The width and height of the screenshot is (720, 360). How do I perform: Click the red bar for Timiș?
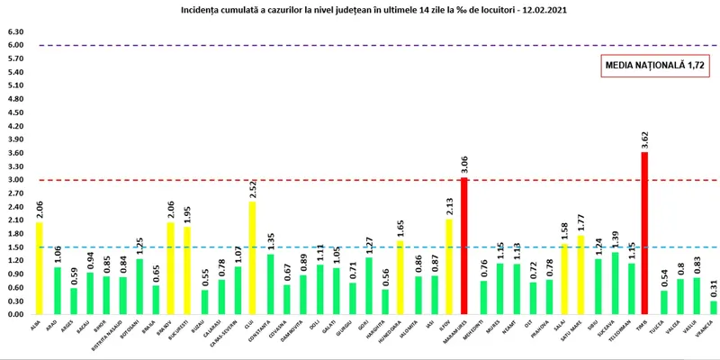(x=643, y=234)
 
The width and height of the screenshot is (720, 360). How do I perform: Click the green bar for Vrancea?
(x=713, y=308)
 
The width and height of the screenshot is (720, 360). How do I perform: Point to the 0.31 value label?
(x=713, y=288)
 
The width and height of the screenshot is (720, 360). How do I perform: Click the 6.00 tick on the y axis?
(x=15, y=45)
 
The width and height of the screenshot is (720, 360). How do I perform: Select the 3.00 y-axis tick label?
(x=15, y=180)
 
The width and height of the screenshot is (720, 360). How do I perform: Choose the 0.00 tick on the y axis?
(x=15, y=315)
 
